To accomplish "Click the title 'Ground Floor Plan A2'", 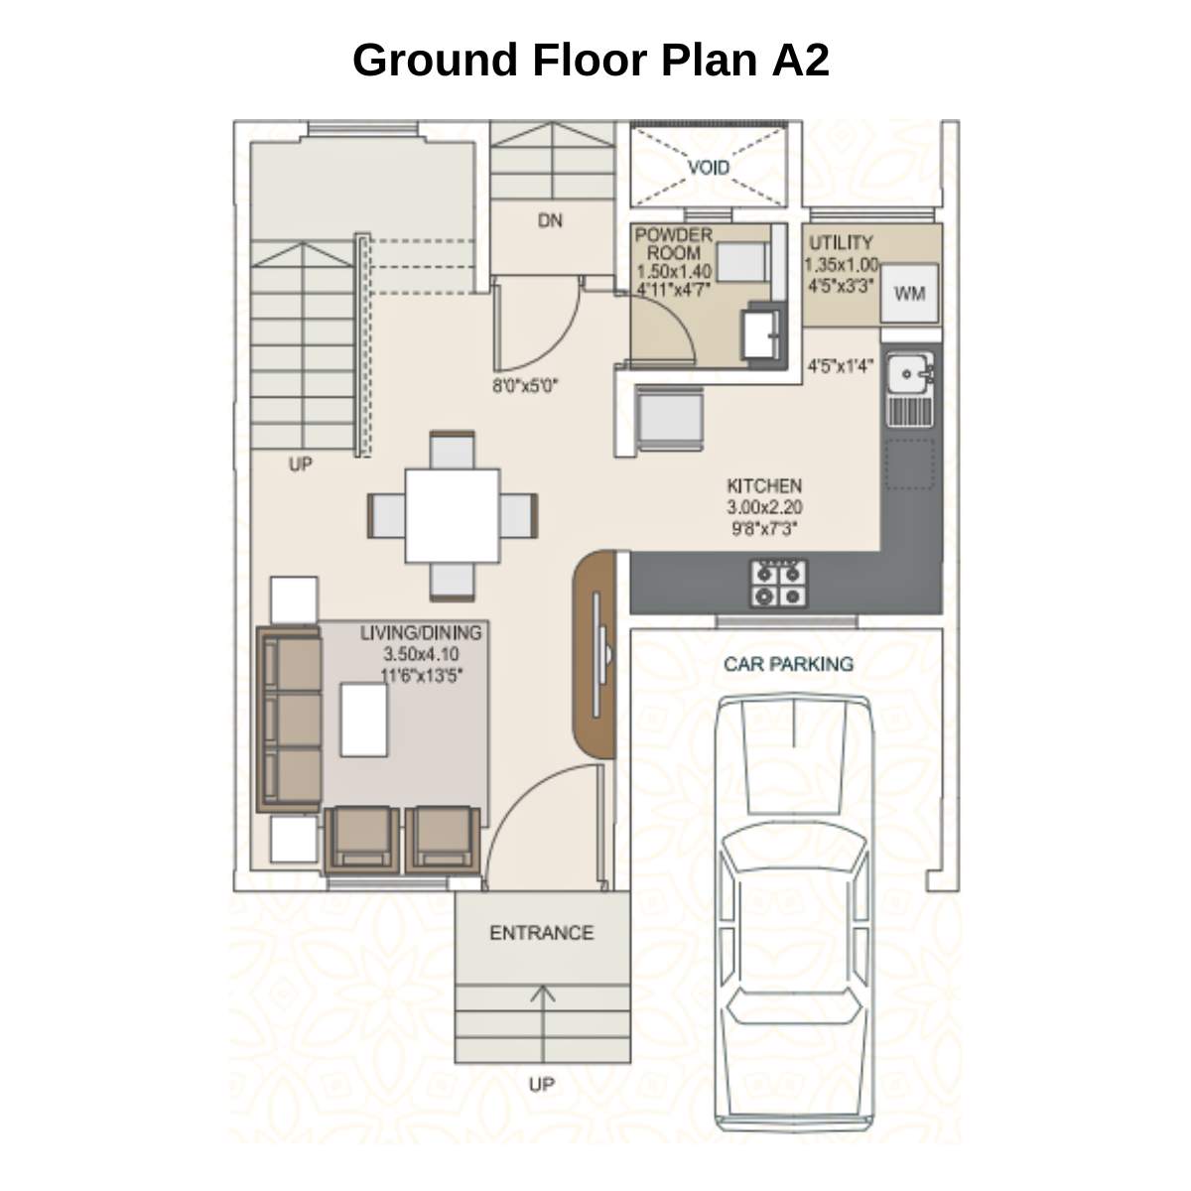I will point(591,60).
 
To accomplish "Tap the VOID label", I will point(709,167).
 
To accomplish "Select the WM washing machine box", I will point(909,294).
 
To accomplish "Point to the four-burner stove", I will point(778,584).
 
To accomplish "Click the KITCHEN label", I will point(764,486).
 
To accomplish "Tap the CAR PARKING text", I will point(788,664).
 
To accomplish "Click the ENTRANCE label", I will point(541,933).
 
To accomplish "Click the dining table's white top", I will point(452,515).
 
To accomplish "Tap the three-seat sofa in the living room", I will point(290,720).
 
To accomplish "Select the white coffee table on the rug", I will point(364,720).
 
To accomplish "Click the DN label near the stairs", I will point(550,220).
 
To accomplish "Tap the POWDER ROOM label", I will point(673,243).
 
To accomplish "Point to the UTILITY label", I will point(841,242).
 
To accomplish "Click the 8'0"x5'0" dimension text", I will point(525,385).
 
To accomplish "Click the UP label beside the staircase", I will point(300,463).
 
